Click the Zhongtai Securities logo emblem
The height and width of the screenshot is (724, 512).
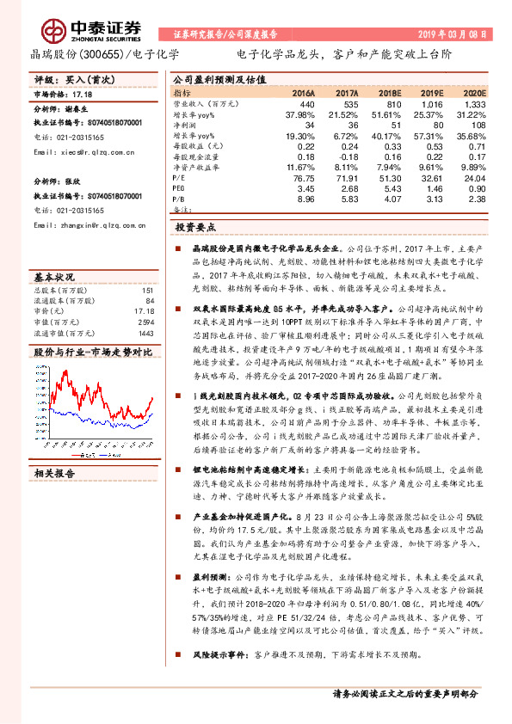coord(55,29)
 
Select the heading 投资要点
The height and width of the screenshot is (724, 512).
coord(194,227)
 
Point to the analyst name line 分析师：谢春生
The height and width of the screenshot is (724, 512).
coord(61,111)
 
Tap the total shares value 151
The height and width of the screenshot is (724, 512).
coord(147,289)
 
